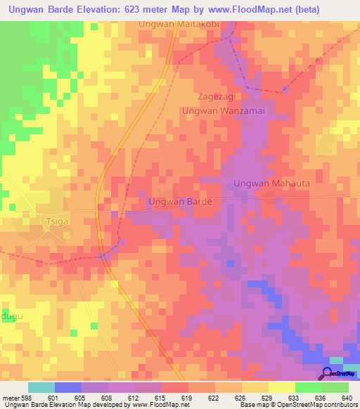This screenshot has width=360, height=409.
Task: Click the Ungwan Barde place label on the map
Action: pos(180,202)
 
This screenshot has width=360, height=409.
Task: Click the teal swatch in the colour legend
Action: pos(41,388)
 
